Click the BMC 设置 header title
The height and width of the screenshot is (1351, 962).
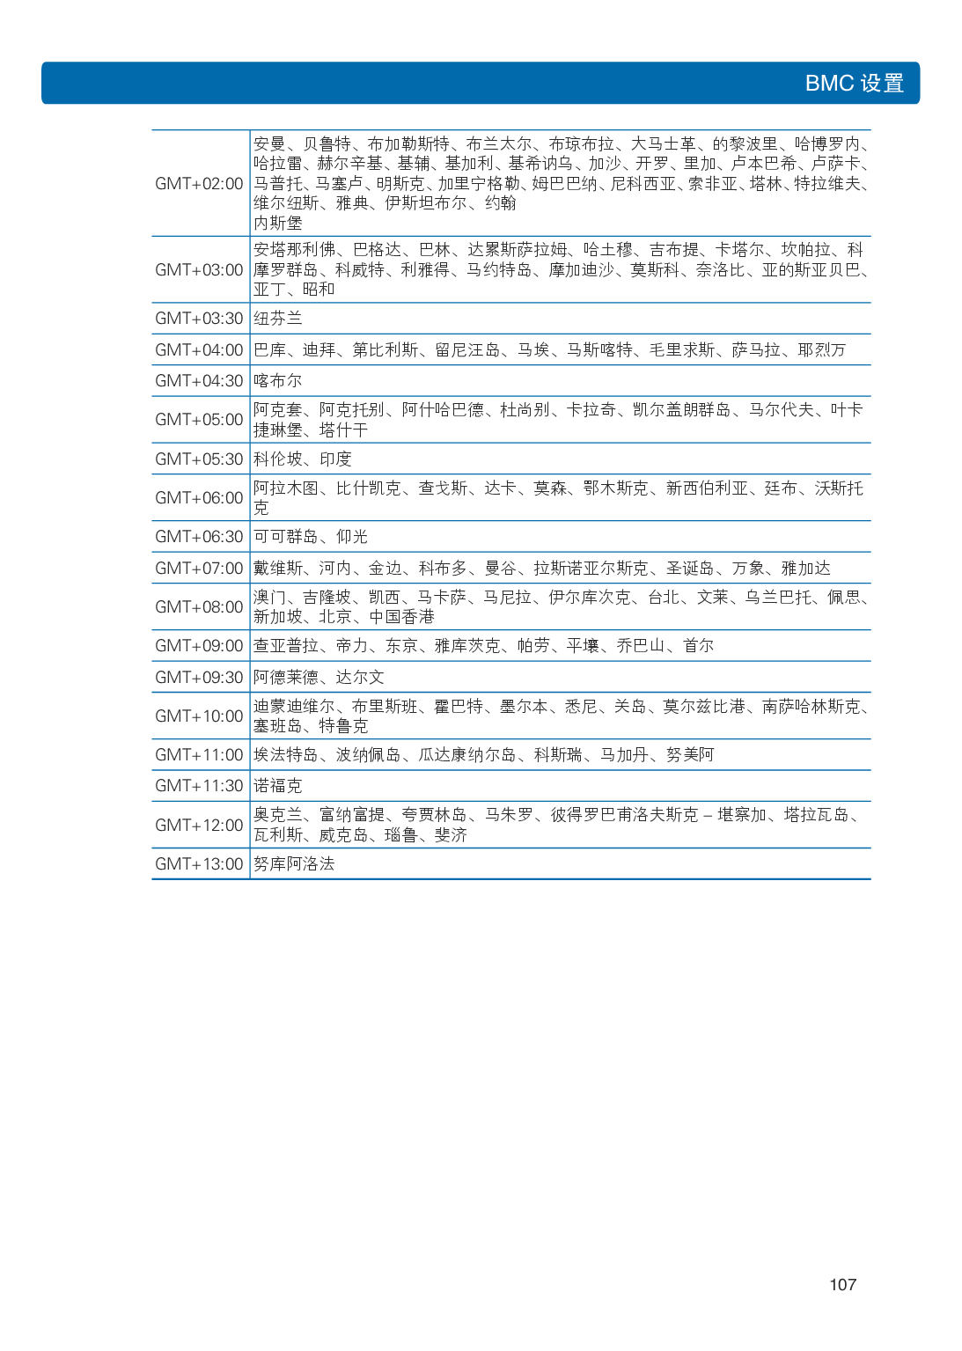click(x=854, y=84)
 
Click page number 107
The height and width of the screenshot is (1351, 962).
click(x=842, y=1284)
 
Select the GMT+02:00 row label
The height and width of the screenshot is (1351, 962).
click(x=199, y=183)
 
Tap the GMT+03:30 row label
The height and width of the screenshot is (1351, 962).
click(x=199, y=318)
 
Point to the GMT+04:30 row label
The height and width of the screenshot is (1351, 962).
click(x=199, y=380)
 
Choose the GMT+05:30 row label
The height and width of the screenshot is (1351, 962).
click(x=199, y=459)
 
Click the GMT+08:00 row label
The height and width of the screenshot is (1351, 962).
click(x=199, y=606)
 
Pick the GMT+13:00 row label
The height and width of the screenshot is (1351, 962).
click(x=199, y=863)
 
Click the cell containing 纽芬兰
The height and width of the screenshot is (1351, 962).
click(x=278, y=318)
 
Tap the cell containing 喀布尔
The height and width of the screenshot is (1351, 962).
click(x=278, y=380)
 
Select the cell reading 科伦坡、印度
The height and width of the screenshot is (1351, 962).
click(x=303, y=459)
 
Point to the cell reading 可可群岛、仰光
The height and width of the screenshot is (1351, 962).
click(x=311, y=536)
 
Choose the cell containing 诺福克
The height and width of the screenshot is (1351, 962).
click(x=278, y=785)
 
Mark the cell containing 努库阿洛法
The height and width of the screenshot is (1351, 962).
click(x=294, y=863)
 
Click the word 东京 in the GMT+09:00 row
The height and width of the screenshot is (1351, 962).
click(x=401, y=645)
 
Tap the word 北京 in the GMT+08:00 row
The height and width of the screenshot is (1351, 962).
click(x=335, y=616)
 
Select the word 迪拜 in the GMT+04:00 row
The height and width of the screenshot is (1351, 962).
click(x=319, y=349)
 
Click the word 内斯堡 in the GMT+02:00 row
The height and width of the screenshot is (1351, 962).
click(x=278, y=223)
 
